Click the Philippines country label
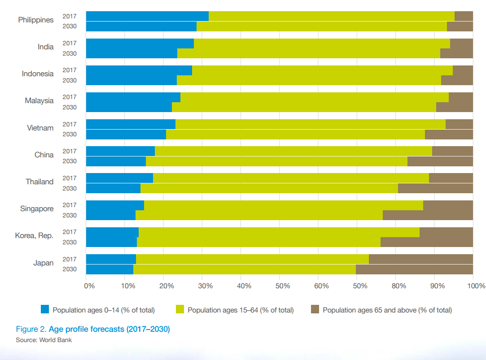(x=35, y=20)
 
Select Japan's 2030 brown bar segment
(x=414, y=269)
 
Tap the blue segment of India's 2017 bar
(x=140, y=43)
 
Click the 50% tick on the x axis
(x=280, y=285)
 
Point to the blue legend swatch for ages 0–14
(x=45, y=309)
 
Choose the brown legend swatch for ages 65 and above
(x=315, y=309)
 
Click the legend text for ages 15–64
(x=241, y=310)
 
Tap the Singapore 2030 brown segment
(x=428, y=215)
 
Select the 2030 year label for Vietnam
(x=70, y=134)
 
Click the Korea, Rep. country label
(x=34, y=236)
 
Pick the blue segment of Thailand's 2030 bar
(x=113, y=188)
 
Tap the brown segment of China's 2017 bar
(x=452, y=151)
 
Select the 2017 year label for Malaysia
(x=70, y=97)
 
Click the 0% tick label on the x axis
(x=88, y=285)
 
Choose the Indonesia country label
(x=38, y=74)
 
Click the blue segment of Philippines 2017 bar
(x=147, y=16)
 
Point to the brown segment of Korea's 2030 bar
(x=426, y=242)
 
